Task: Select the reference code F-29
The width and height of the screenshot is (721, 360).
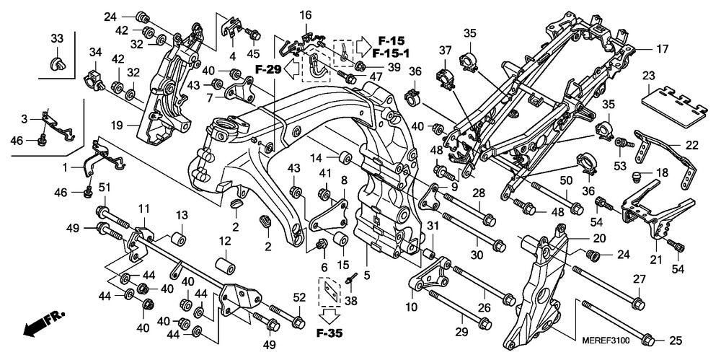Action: click(x=267, y=69)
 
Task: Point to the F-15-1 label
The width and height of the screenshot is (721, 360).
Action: click(x=392, y=53)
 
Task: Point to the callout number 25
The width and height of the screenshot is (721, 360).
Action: click(x=675, y=340)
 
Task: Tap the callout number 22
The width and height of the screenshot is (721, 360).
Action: click(x=691, y=144)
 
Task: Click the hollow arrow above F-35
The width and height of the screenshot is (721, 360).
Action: click(x=328, y=315)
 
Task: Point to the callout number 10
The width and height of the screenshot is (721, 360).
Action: click(x=410, y=307)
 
